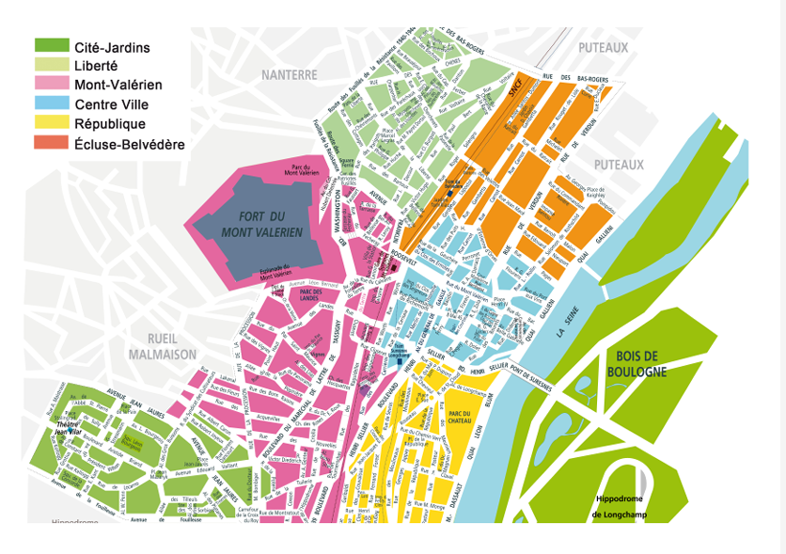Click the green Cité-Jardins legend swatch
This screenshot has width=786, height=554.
52,46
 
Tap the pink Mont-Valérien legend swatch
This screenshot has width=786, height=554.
52,85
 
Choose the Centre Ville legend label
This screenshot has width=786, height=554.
111,104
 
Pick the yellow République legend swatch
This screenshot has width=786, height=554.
52,123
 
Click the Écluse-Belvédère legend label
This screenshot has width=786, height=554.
129,144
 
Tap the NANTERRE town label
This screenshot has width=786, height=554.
290,74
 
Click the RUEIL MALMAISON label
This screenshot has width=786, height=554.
163,346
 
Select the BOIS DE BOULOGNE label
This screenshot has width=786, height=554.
641,363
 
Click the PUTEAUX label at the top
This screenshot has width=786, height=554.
603,47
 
